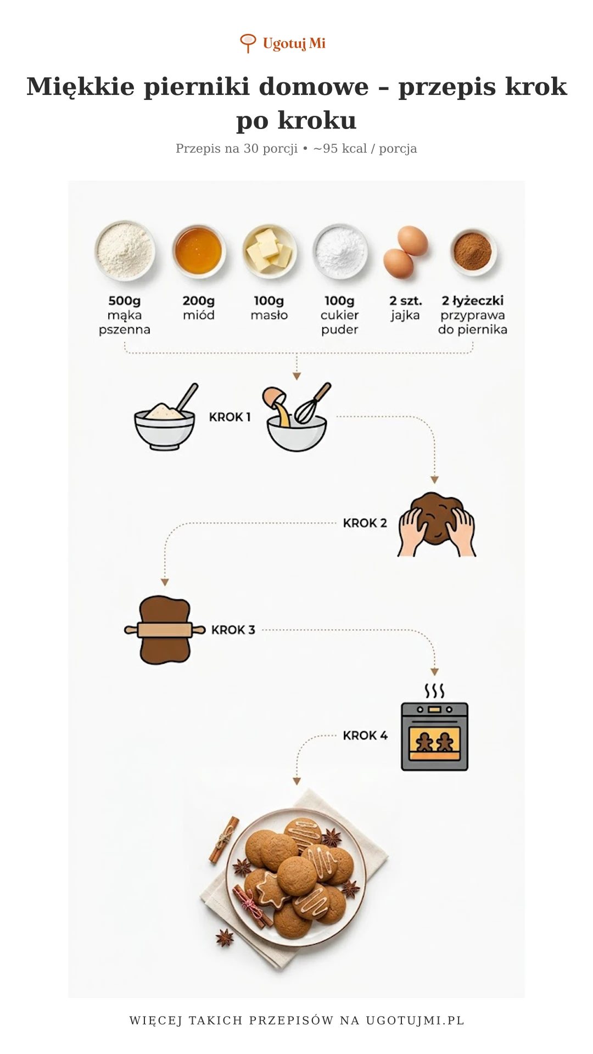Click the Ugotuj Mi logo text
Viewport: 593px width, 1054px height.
tap(294, 43)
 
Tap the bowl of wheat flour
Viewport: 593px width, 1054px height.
tap(125, 250)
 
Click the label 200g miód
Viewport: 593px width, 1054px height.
tap(199, 308)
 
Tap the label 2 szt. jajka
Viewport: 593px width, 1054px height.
tap(405, 308)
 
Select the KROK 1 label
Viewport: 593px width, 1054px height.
tap(230, 417)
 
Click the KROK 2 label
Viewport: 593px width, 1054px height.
tap(365, 523)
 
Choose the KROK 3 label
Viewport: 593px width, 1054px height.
tap(233, 630)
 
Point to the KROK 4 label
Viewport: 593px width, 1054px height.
tap(365, 736)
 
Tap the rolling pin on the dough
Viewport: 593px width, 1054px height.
tap(165, 629)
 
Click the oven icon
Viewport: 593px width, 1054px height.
tap(435, 736)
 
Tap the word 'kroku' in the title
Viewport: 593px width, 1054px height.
tap(317, 120)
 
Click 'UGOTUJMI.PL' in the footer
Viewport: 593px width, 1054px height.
tap(415, 1021)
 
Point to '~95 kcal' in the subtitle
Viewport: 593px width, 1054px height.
tap(340, 149)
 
